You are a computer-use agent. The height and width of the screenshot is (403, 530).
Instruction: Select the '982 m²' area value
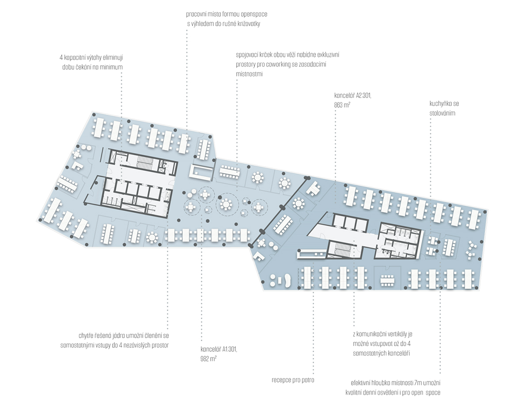click(x=208, y=359)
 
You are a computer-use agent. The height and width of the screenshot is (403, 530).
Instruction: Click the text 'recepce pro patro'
click(x=293, y=380)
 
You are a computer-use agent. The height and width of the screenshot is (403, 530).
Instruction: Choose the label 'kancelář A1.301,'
click(x=219, y=349)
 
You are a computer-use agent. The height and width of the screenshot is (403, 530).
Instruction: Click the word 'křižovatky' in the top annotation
click(x=245, y=24)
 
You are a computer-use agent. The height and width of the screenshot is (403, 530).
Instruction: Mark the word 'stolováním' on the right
click(x=442, y=113)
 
